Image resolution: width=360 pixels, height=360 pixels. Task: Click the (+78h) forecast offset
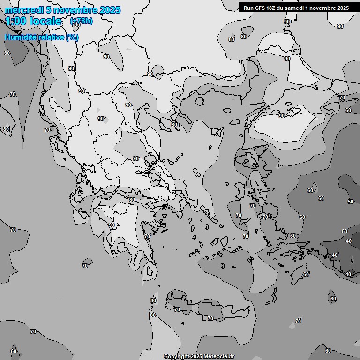point(81,21)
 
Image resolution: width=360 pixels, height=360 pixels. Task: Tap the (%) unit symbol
point(73,37)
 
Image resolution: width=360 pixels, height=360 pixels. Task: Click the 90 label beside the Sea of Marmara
point(282,115)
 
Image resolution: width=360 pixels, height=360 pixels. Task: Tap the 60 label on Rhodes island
point(306,274)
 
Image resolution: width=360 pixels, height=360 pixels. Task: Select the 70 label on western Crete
point(177,309)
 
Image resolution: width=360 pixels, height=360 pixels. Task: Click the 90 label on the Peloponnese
point(112,225)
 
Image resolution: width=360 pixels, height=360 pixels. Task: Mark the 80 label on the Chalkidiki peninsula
point(174,125)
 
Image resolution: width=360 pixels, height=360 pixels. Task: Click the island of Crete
point(206,307)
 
